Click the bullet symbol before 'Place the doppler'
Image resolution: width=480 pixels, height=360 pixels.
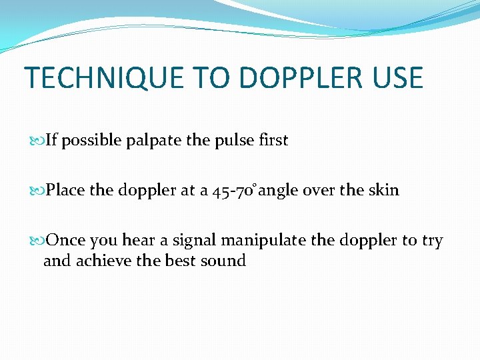click(37, 191)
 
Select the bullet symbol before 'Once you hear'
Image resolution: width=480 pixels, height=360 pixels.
click(37, 241)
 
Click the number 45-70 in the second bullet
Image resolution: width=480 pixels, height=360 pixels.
click(234, 191)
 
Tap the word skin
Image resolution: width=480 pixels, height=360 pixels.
click(384, 191)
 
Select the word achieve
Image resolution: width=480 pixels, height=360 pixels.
click(105, 261)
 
